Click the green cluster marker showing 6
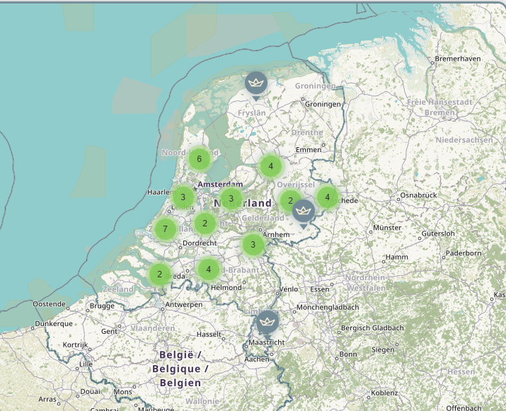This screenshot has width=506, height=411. coord(200,158)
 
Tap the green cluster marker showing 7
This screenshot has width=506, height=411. coord(165,228)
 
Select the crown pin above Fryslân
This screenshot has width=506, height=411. coord(256,83)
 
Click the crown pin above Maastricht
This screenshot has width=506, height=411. coord(268,322)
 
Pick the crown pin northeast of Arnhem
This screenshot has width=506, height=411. coord(304,210)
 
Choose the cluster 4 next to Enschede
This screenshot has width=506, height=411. coord(327,197)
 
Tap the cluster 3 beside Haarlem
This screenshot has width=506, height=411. coord(183,197)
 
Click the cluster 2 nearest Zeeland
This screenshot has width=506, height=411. coord(160,274)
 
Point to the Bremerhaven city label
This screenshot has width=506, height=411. coord(459,58)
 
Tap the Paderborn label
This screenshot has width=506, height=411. coord(464,253)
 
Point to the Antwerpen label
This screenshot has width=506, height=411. coord(183,305)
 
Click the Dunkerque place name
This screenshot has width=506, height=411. coord(54,323)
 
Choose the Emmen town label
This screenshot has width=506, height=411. coord(308,150)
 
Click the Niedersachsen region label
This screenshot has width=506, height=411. coord(464,140)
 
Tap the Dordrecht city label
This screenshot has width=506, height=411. coord(200,243)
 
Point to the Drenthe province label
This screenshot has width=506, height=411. coord(307,132)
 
